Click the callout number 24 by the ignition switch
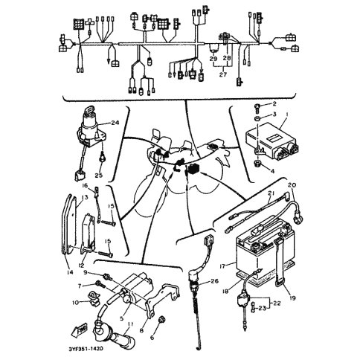click(115, 122)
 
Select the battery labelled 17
click(266, 251)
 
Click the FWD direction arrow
click(80, 330)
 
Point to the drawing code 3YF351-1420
click(86, 349)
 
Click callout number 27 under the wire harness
click(223, 74)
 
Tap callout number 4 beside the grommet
click(272, 171)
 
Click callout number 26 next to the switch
click(215, 281)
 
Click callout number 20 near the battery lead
click(292, 185)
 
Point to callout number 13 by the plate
click(85, 198)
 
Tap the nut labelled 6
click(161, 320)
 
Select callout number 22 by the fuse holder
click(277, 303)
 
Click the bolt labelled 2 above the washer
click(257, 107)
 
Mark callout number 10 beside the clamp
click(75, 303)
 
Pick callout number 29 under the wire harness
click(213, 59)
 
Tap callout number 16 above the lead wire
click(85, 185)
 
